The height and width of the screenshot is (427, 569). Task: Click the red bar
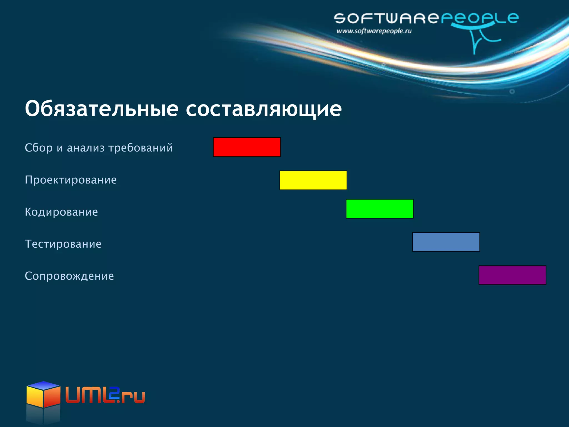click(247, 147)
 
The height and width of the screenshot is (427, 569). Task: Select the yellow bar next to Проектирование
click(313, 180)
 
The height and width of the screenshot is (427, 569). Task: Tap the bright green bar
click(380, 209)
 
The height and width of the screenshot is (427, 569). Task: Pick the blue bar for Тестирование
click(446, 242)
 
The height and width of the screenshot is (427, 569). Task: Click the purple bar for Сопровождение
click(512, 275)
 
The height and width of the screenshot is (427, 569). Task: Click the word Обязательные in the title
click(101, 109)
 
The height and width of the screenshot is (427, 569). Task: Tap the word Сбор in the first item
click(39, 148)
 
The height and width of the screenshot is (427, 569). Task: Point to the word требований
click(141, 148)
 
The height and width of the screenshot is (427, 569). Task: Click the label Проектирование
click(71, 180)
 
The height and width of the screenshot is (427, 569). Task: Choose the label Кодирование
click(61, 212)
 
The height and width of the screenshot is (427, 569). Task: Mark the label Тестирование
click(63, 244)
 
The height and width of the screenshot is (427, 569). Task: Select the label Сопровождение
click(69, 276)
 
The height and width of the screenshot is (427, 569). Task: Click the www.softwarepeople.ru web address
click(374, 31)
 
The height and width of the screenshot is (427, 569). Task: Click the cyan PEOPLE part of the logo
click(480, 18)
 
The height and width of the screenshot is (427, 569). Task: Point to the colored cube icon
click(43, 395)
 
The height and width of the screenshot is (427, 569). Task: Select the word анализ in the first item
click(86, 148)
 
